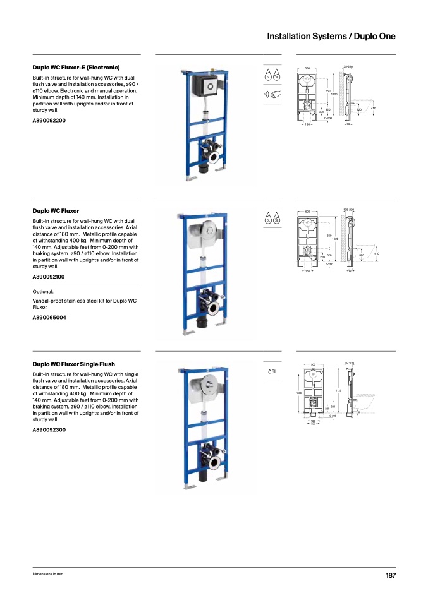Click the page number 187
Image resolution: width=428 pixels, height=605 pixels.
coord(390,575)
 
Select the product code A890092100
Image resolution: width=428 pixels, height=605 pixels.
coord(49,277)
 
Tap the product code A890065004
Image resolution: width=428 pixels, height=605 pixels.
coord(49,317)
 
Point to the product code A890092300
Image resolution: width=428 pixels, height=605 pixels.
coord(49,429)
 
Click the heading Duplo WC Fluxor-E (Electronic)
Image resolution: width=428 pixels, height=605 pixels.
coord(76,67)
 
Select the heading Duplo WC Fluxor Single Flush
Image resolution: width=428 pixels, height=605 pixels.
coord(73,364)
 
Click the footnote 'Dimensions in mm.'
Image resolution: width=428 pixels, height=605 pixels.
coord(49,574)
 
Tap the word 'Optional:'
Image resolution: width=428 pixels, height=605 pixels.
coord(44,292)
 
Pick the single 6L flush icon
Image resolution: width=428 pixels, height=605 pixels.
coord(272,371)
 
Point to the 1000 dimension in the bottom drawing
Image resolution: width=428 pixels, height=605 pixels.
coord(298,393)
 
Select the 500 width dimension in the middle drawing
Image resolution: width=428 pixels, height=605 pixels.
coord(307,212)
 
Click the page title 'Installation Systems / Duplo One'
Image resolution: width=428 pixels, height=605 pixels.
coord(331,36)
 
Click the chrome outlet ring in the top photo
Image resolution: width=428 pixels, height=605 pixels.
coord(215,158)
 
